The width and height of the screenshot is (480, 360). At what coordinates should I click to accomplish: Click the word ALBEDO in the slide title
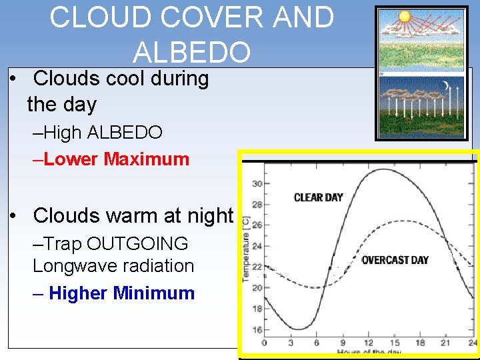coord(192,51)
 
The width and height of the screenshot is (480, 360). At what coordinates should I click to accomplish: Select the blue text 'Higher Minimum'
coord(122,293)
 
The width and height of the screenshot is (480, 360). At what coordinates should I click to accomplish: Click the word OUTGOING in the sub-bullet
coord(137,244)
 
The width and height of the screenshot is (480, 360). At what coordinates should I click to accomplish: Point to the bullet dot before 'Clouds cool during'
coord(13,79)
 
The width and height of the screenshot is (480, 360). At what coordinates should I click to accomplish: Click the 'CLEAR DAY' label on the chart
coord(318,197)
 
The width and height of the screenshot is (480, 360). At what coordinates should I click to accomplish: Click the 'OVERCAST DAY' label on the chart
coord(395,260)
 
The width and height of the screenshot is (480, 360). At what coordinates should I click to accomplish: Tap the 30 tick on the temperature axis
coord(257,183)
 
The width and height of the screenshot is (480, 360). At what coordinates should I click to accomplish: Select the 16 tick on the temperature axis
coord(257,330)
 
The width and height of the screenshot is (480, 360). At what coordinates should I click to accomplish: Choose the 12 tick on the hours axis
coord(369,343)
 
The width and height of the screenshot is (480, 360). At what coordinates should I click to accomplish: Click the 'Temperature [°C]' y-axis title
coord(246,248)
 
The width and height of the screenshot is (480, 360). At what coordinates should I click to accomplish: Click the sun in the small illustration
coord(403,17)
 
